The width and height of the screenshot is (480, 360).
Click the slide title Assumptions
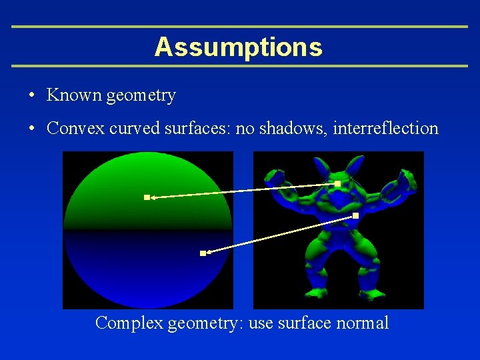pyautogui.click(x=238, y=47)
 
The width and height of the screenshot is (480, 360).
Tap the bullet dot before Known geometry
pyautogui.click(x=32, y=95)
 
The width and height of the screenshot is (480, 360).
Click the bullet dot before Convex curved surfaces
pyautogui.click(x=32, y=129)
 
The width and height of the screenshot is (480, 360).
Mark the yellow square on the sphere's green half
pyautogui.click(x=147, y=197)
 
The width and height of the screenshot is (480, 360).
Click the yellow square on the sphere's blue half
pyautogui.click(x=203, y=253)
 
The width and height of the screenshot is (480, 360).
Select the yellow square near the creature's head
pyautogui.click(x=337, y=183)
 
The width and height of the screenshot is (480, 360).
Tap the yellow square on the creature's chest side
pyautogui.click(x=355, y=215)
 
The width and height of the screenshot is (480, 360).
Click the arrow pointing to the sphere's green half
pyautogui.click(x=240, y=191)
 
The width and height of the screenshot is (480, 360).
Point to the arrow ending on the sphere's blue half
pyautogui.click(x=280, y=234)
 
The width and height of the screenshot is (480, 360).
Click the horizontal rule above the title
pyautogui.click(x=240, y=27)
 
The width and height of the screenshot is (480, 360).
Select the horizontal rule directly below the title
pyautogui.click(x=240, y=66)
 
